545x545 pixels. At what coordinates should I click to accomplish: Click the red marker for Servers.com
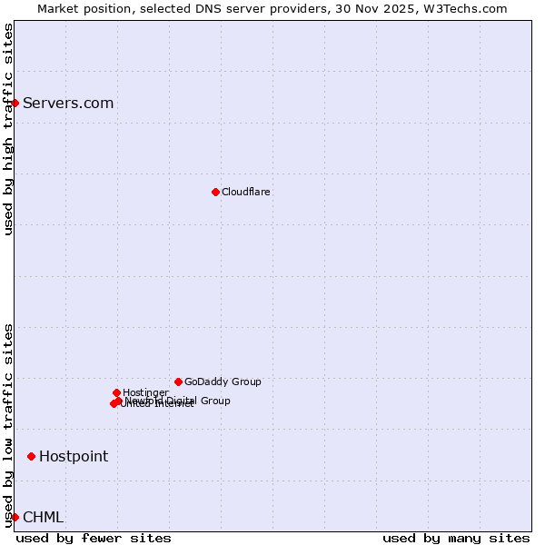click(x=15, y=103)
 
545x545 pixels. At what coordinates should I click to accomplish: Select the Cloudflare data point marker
click(x=215, y=192)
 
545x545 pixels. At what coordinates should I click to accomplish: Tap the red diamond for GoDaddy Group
click(x=178, y=381)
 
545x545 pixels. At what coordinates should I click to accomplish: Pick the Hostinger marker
click(x=116, y=392)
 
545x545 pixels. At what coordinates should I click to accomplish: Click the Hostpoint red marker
click(x=31, y=456)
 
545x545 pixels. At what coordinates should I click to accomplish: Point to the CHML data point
click(x=15, y=517)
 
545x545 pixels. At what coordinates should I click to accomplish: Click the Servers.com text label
click(x=68, y=103)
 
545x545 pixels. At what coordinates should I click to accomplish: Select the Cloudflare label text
click(x=245, y=192)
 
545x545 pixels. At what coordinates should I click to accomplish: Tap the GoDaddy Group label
click(x=223, y=381)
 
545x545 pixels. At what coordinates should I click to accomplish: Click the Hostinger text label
click(x=145, y=392)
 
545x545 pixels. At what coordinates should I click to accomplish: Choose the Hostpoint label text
click(x=73, y=456)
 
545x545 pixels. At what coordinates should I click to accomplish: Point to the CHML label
click(x=43, y=517)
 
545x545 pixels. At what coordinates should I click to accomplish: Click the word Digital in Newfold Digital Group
click(x=184, y=401)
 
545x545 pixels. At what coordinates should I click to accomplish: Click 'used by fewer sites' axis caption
click(x=94, y=538)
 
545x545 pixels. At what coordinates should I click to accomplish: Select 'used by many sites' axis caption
click(x=456, y=538)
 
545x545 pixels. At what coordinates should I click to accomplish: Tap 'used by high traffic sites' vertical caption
click(x=8, y=129)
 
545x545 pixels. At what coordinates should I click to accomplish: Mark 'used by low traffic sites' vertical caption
click(x=8, y=425)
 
